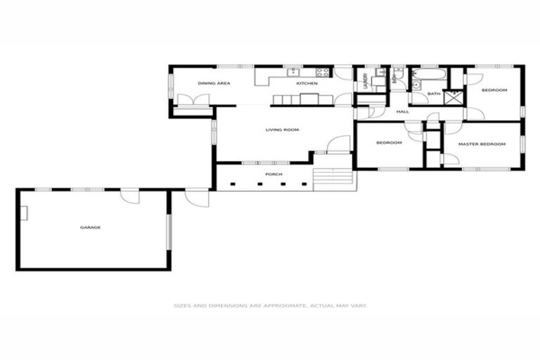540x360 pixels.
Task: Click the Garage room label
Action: tap(90, 227)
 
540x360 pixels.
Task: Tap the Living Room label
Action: tap(282, 129)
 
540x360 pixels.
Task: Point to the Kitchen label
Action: tap(307, 84)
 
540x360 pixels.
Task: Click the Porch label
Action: tap(274, 174)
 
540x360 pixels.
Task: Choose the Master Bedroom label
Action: tap(482, 144)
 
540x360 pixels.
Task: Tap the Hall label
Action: tap(402, 112)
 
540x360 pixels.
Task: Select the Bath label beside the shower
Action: tap(434, 94)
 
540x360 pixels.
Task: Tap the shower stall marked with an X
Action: tap(454, 96)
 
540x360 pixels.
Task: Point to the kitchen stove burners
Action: tap(323, 72)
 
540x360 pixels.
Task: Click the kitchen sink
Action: tap(292, 72)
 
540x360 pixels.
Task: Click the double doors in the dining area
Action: tap(193, 100)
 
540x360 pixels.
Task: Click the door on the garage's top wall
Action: tap(129, 195)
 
